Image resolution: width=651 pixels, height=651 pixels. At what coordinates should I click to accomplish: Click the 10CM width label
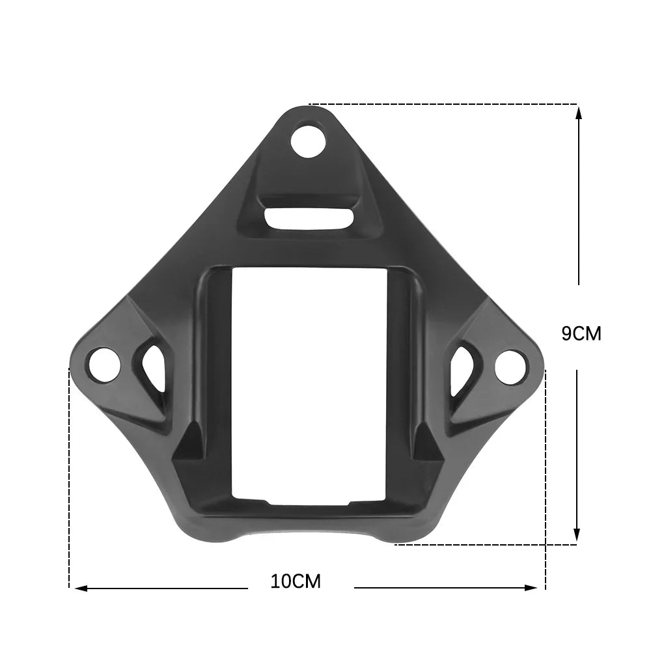click(296, 581)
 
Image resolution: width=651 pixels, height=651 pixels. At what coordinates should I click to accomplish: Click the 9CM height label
click(581, 334)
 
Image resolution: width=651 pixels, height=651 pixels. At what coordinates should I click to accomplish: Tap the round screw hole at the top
click(307, 141)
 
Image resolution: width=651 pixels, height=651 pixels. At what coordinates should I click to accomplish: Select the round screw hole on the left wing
click(104, 364)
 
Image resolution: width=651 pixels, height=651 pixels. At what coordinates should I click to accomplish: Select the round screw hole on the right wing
click(510, 365)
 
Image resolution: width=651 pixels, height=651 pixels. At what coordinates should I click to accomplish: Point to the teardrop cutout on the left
click(154, 367)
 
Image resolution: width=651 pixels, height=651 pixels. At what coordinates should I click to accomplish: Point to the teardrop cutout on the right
click(461, 368)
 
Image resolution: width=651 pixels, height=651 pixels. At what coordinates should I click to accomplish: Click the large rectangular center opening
click(309, 384)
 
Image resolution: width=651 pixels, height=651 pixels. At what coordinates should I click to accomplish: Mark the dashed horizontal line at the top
click(443, 104)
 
